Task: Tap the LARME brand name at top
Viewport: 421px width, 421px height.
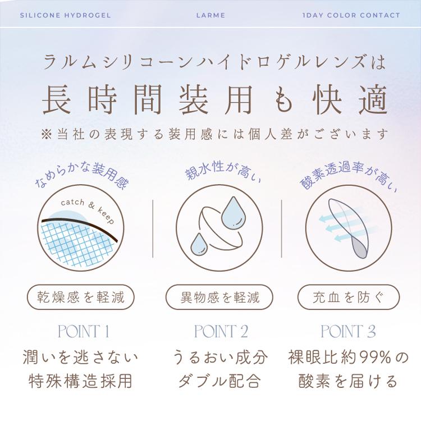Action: [211, 15]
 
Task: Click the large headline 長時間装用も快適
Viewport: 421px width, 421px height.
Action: [215, 100]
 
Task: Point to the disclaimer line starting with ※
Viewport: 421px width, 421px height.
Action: [215, 135]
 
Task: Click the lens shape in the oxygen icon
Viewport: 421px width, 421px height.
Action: [351, 227]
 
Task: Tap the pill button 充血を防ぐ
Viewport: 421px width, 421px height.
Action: [348, 296]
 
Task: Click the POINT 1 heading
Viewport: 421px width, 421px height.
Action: [83, 331]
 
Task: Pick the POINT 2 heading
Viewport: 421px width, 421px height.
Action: [221, 331]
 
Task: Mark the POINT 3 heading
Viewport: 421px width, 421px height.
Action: [348, 331]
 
